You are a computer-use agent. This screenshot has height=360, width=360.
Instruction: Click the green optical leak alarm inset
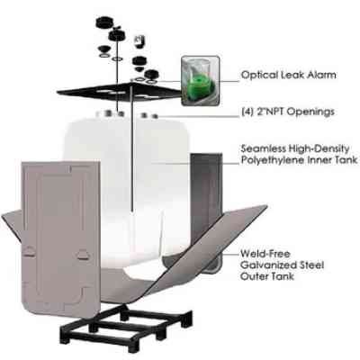click(x=200, y=81)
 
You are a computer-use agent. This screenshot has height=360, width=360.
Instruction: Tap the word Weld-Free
click(x=265, y=254)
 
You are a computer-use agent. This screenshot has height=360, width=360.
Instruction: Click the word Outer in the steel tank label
click(x=254, y=276)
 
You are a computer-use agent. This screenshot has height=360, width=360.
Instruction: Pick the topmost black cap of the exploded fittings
click(x=104, y=22)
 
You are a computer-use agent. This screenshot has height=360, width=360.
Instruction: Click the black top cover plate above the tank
click(x=120, y=92)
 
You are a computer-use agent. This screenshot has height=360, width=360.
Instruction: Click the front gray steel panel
click(x=61, y=238)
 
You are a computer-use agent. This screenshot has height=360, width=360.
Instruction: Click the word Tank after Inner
click(x=346, y=159)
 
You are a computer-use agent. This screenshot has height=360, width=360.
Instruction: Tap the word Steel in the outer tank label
click(x=309, y=265)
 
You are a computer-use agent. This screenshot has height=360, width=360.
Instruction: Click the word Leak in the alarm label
click(x=292, y=75)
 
